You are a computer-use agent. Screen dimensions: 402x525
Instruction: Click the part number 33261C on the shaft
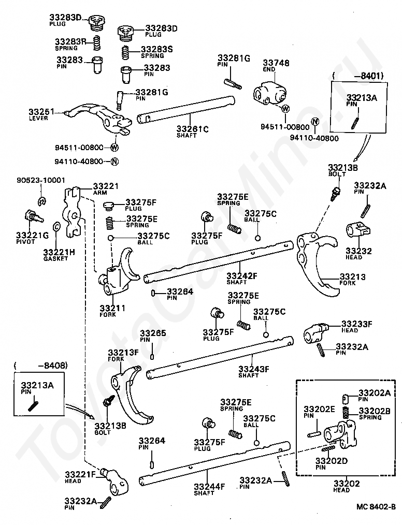coord(193,129)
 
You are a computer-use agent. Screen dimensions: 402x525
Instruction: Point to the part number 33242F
coord(242,275)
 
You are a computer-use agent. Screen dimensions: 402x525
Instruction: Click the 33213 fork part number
coord(352,276)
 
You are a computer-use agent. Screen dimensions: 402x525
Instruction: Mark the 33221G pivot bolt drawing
coord(34,216)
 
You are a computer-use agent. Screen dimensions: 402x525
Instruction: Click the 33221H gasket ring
coord(56,226)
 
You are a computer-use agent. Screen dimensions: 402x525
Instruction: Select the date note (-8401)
coord(358,76)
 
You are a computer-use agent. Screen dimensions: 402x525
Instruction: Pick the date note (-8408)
coord(40,366)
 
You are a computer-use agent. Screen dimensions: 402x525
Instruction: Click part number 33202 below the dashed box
coord(347,483)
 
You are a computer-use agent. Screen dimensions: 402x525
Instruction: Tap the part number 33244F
coord(209,486)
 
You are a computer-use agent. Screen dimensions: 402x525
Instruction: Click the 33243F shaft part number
coord(254,369)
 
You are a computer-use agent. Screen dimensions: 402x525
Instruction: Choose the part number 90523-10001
coord(41,181)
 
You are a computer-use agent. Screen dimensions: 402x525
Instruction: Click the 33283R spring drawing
coord(96,43)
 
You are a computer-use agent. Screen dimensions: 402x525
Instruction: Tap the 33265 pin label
coord(153,333)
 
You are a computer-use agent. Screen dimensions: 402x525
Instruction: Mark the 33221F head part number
coord(80,474)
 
